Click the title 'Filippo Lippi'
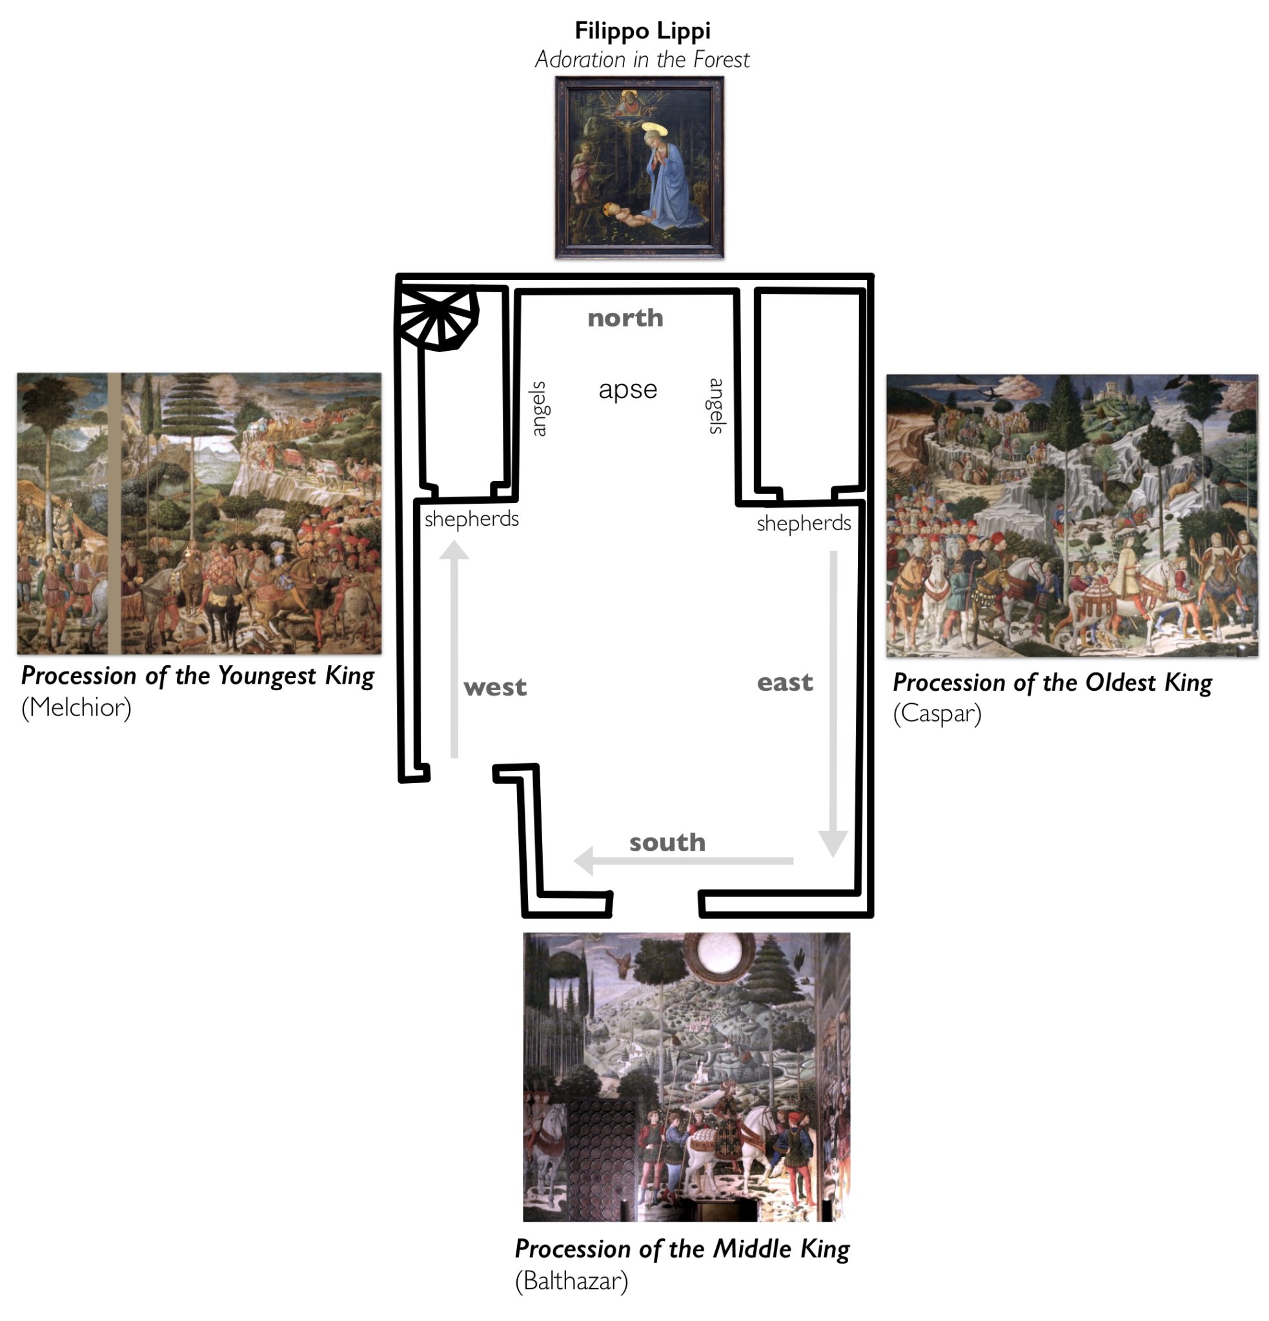[642, 31]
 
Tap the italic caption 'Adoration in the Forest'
[642, 60]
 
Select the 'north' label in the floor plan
[625, 318]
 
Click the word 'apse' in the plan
[628, 390]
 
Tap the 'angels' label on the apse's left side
[538, 409]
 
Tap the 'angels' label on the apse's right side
[716, 406]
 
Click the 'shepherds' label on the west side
[471, 519]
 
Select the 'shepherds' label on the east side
[804, 524]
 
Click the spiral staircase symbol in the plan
[437, 316]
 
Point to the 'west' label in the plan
[495, 688]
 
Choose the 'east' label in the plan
[785, 682]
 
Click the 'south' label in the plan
[667, 842]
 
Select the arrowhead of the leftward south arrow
[584, 860]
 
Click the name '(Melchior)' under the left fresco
[76, 708]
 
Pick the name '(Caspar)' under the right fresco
[937, 714]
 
